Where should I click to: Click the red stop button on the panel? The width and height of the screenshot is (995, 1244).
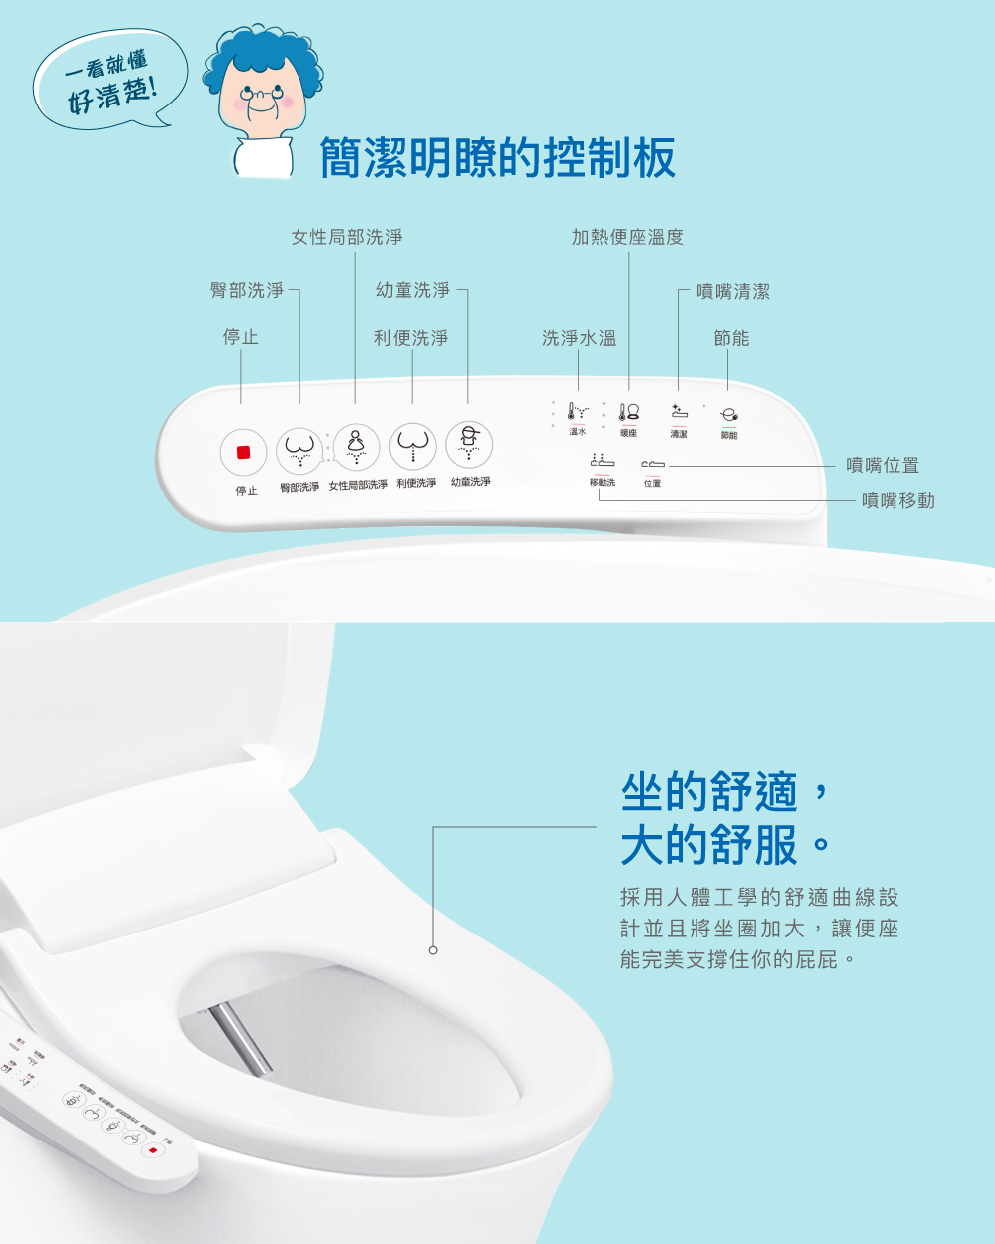click(243, 452)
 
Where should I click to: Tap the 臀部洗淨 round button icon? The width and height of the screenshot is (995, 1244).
click(299, 450)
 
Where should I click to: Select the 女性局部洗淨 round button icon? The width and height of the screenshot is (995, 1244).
click(356, 447)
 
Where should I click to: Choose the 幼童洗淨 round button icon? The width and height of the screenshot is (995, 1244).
click(468, 444)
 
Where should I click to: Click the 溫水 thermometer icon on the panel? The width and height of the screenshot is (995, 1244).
click(577, 411)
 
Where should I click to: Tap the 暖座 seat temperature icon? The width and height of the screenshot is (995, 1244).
click(629, 412)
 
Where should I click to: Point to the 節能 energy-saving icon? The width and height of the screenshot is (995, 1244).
click(729, 415)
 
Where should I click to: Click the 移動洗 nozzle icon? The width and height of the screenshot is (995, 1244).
click(602, 462)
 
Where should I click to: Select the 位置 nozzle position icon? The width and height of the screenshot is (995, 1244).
click(652, 464)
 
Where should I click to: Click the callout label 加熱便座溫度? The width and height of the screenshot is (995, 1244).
click(627, 237)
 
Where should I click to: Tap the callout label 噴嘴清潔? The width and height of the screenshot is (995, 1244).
click(732, 291)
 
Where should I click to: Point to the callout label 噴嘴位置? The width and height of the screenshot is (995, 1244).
click(882, 465)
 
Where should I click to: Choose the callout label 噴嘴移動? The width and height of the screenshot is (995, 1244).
click(897, 500)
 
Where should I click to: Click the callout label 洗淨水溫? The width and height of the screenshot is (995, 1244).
click(578, 338)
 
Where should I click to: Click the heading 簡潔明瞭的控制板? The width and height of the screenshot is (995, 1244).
click(497, 158)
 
